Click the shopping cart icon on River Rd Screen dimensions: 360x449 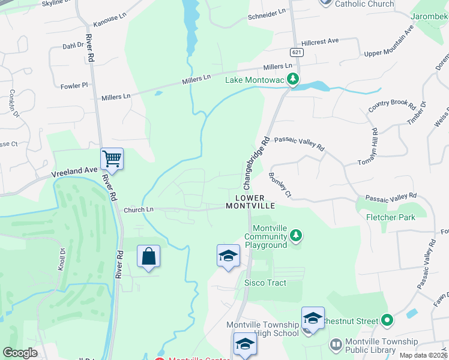pos(112,159)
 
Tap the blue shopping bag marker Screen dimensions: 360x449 pos(148,256)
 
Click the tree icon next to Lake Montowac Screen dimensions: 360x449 pos(293,79)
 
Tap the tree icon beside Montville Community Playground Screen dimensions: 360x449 pos(295,236)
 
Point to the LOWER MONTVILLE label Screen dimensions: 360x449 pos(250,202)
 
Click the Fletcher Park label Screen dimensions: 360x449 pos(391,217)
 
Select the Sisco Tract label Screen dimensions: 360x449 pos(265,283)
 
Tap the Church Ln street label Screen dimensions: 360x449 pos(139,210)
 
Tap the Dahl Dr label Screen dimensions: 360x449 pos(73,45)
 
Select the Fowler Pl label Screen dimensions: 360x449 pos(74,86)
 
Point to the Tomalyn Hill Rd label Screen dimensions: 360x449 pos(367,147)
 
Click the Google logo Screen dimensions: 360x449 pos(20,353)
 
